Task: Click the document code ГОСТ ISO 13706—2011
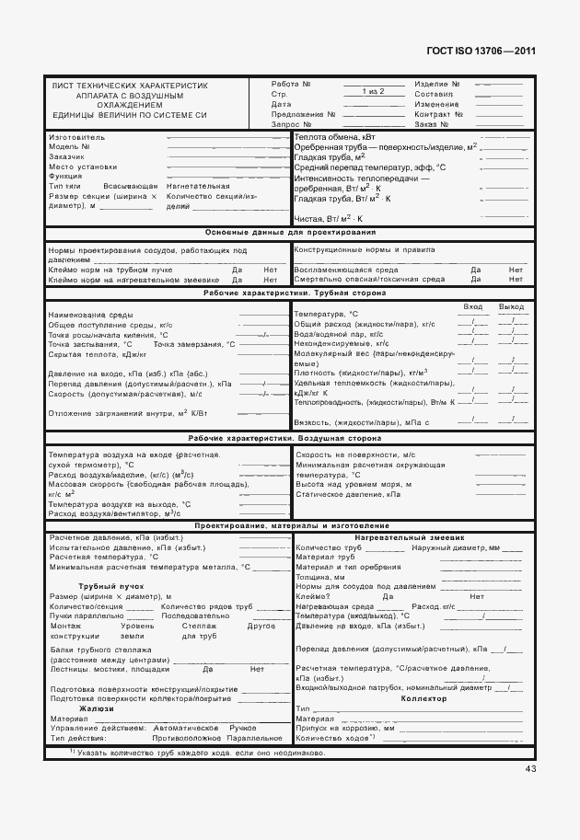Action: coord(482,52)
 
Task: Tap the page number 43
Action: coord(530,768)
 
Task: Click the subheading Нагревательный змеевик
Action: coord(410,536)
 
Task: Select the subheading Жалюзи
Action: coord(96,708)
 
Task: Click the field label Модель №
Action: coord(69,146)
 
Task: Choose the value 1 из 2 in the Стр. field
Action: coord(373,93)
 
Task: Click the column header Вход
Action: coord(473,305)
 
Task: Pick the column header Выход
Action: coord(511,305)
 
